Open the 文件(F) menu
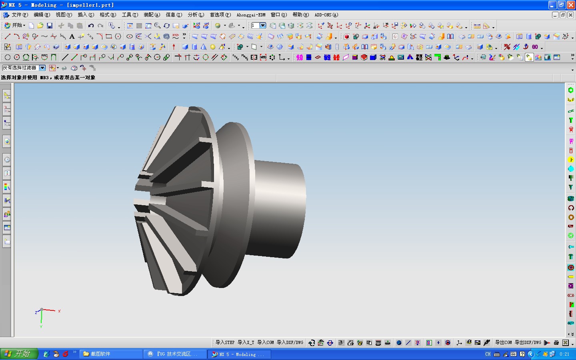pos(20,15)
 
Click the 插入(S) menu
pos(86,15)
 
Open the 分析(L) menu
pos(196,15)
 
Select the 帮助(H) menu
pos(300,15)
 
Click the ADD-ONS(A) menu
pos(326,15)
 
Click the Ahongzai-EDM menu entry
pos(251,15)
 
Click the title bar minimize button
pos(552,5)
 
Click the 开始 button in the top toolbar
pos(15,25)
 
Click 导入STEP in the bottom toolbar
pos(225,342)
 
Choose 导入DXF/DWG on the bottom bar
pos(290,342)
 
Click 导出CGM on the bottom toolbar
pos(503,342)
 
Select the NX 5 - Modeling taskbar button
pos(240,354)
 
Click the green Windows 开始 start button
pos(19,354)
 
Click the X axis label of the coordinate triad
pos(59,311)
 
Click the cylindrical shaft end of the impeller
pos(280,208)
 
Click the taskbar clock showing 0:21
pos(564,354)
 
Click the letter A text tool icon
pos(72,36)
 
